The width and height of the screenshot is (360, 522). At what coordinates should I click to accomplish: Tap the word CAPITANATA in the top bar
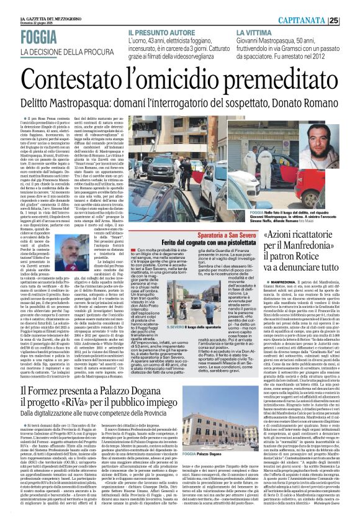317,20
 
